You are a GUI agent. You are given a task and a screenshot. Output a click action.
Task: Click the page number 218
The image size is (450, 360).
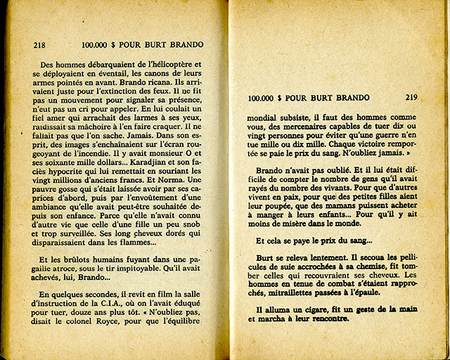(39, 45)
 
